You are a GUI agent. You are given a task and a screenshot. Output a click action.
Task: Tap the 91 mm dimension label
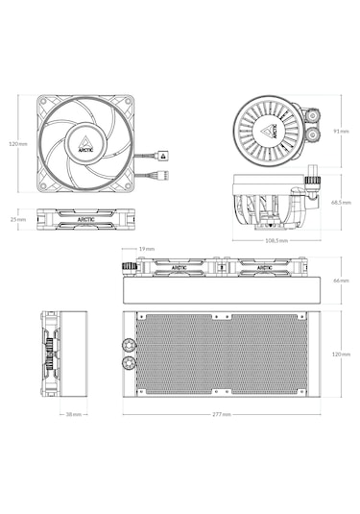point(339,131)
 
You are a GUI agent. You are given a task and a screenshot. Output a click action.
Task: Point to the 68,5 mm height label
point(340,203)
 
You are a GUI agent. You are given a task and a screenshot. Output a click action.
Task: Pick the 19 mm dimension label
point(147,249)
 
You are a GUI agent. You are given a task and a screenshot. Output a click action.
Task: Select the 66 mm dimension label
point(339,281)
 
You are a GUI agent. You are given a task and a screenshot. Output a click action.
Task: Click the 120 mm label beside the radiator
point(339,354)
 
